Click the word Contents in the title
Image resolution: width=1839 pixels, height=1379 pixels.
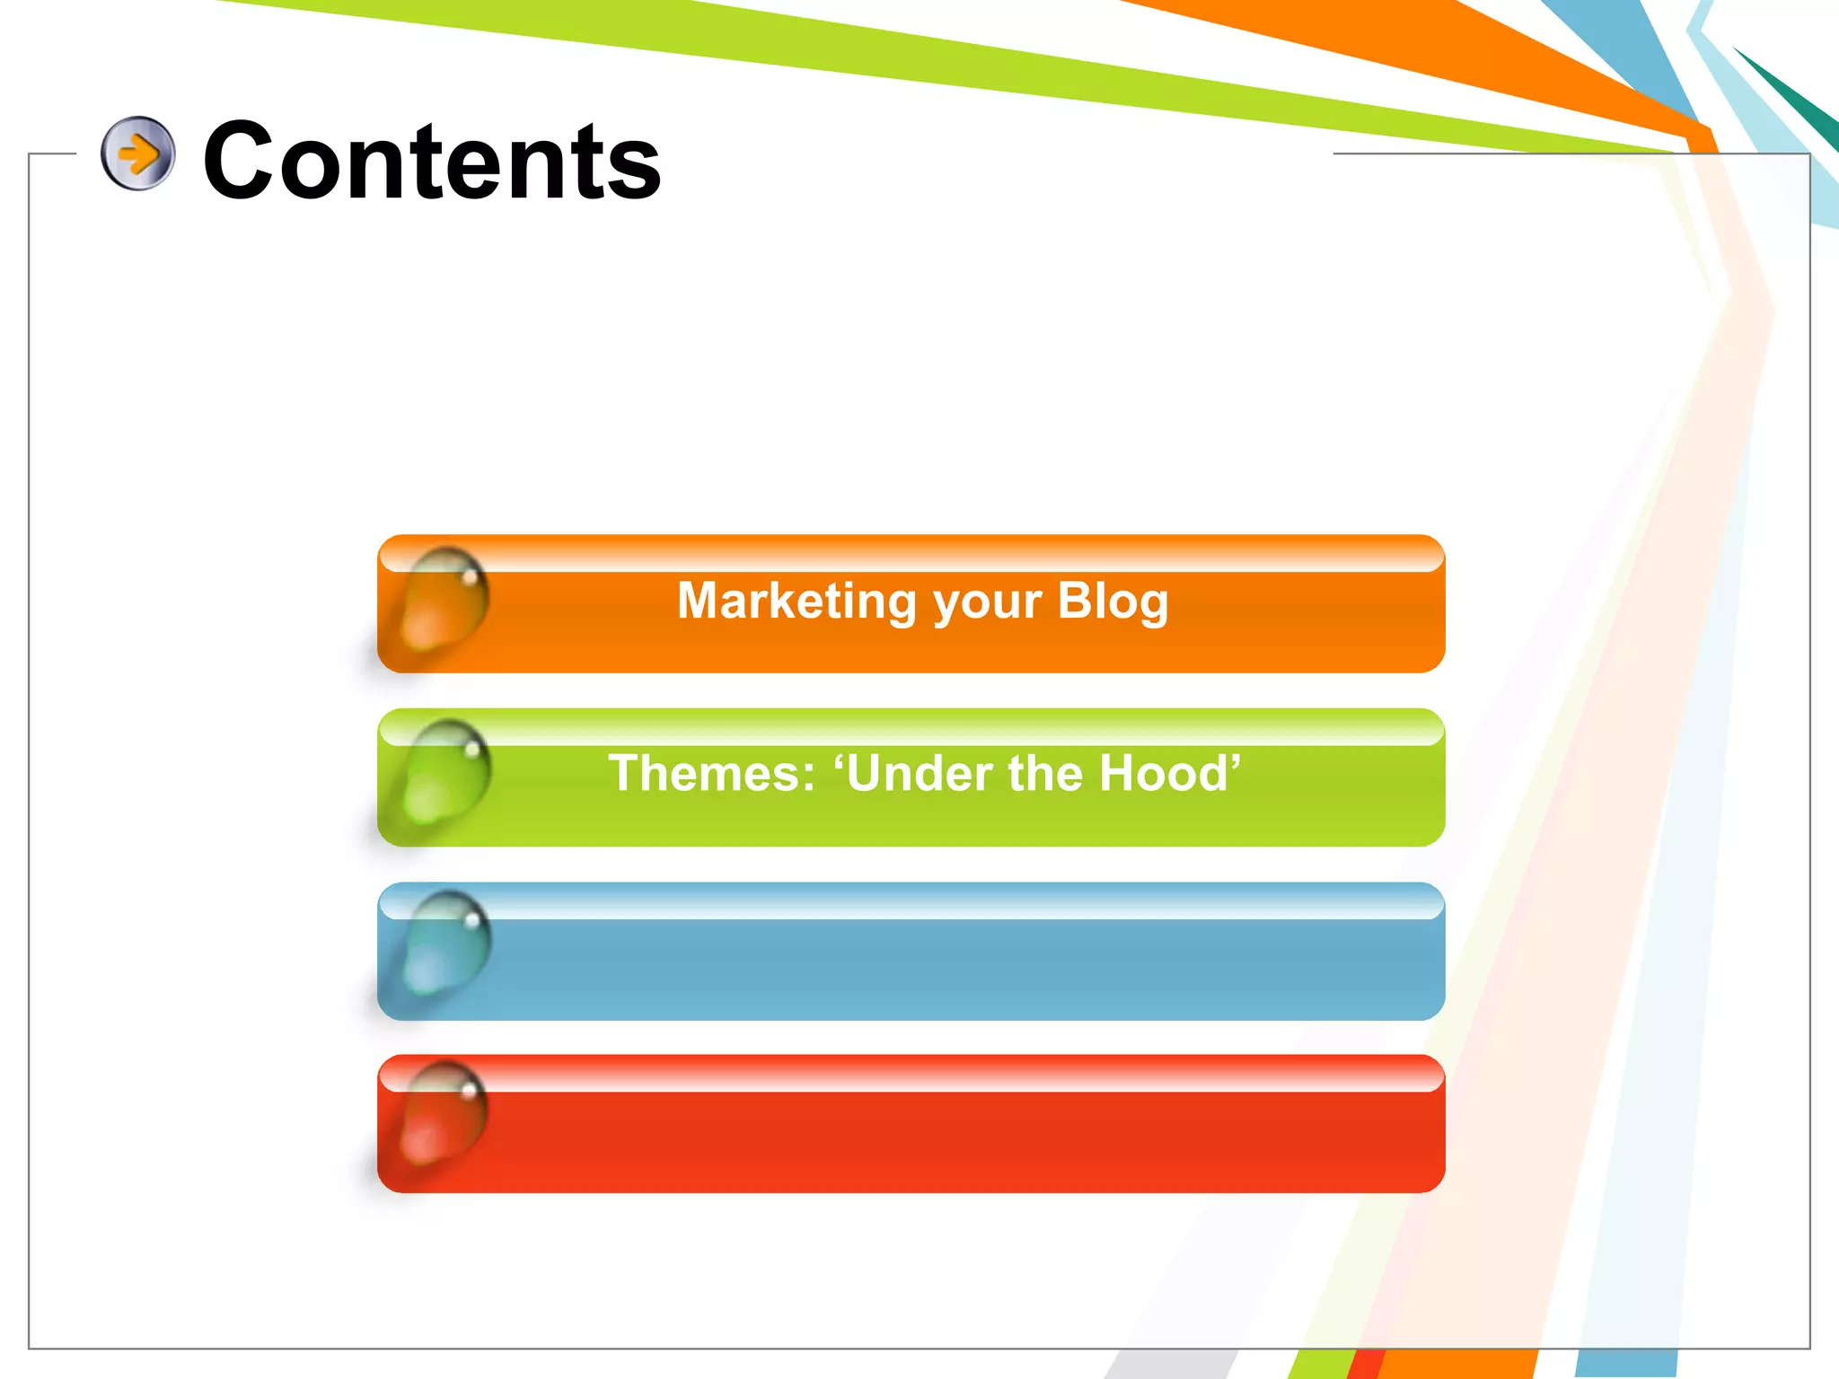coord(431,162)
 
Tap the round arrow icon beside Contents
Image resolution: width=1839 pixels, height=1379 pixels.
coord(137,154)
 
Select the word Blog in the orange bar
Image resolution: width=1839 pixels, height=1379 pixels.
coord(1113,602)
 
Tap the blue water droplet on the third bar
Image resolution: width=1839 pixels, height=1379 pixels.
coord(444,944)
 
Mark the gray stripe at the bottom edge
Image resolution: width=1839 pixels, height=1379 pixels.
coord(1167,1365)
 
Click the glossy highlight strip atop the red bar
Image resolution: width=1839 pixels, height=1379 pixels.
coord(911,1077)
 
